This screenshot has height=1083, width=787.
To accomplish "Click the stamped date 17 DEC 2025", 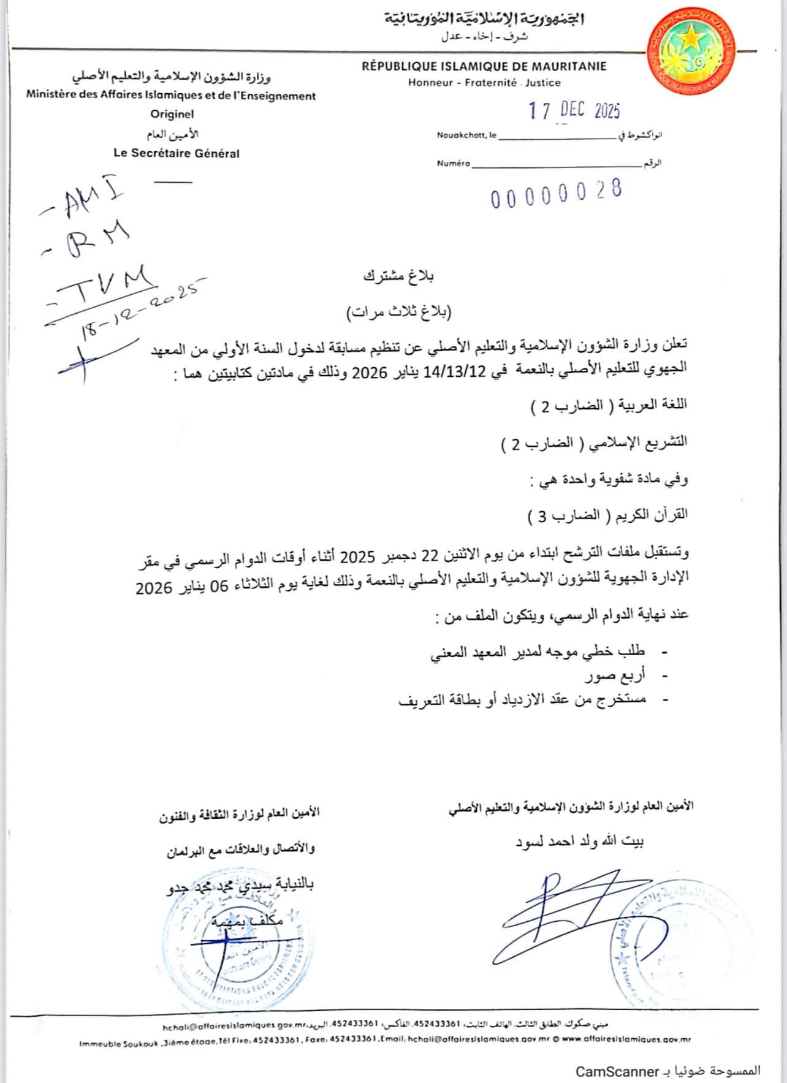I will [574, 110].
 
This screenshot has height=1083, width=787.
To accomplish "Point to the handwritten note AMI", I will [82, 200].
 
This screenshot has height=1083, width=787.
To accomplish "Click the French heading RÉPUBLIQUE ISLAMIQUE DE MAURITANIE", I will [484, 66].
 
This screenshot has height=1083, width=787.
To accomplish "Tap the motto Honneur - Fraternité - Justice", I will [484, 82].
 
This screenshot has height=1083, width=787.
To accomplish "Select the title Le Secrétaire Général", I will [177, 153].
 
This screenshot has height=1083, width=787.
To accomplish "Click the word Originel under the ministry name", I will [172, 113].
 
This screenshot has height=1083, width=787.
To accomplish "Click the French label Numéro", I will [454, 163].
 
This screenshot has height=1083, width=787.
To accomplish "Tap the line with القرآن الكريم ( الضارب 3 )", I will [607, 515].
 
